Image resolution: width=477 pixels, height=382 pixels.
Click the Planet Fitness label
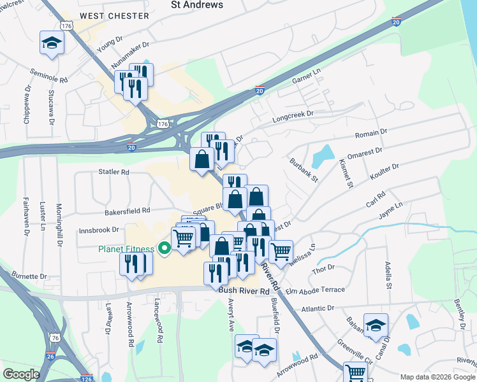click(x=126, y=249)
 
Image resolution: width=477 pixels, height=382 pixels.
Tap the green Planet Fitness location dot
click(x=164, y=249)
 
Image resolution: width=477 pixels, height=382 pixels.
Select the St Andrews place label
click(x=197, y=4)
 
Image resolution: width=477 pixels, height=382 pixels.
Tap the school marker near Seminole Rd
click(x=52, y=43)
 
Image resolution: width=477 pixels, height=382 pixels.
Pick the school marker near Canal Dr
click(x=376, y=325)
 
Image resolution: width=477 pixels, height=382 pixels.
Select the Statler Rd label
click(x=114, y=172)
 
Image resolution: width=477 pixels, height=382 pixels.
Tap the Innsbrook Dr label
click(x=98, y=230)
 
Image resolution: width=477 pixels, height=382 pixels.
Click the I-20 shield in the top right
click(x=396, y=22)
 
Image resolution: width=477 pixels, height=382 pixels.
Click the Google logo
click(x=21, y=374)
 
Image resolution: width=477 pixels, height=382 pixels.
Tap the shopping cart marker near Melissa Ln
click(x=281, y=251)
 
